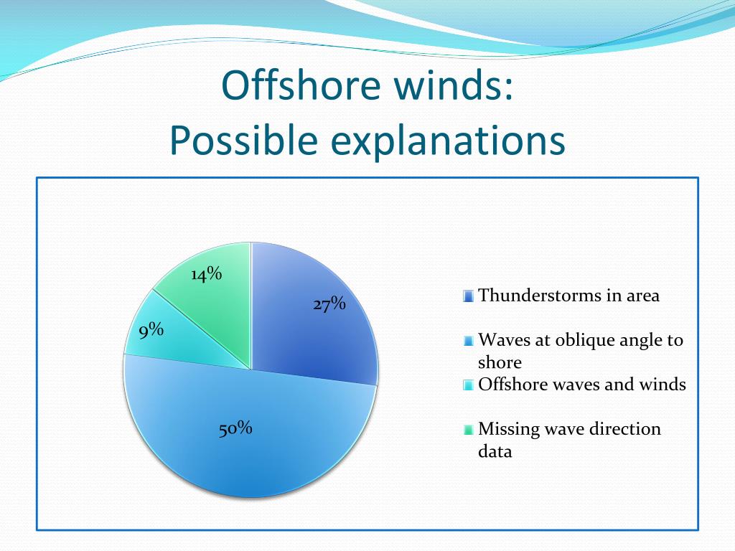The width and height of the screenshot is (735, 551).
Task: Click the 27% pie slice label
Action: (x=329, y=304)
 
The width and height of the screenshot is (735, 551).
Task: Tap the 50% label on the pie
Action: (x=235, y=428)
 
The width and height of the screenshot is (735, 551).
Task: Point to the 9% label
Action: (x=151, y=331)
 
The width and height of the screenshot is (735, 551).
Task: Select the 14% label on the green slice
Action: (x=206, y=274)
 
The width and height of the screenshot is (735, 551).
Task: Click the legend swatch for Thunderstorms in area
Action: (x=468, y=296)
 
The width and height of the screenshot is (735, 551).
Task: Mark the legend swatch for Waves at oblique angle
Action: (x=468, y=341)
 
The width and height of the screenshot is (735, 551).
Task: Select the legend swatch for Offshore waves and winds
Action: (x=468, y=385)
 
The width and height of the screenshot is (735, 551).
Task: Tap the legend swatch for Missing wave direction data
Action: (x=468, y=430)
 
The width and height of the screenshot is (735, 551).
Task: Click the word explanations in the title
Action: (x=448, y=141)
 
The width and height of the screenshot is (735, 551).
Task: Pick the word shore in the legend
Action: (x=500, y=362)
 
